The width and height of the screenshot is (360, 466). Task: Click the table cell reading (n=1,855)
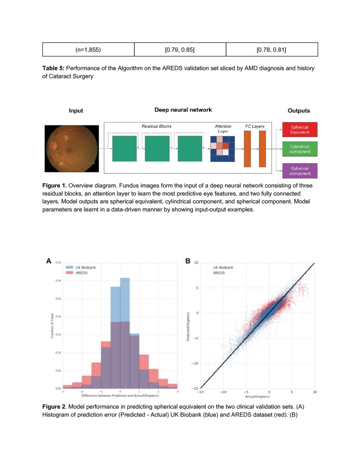(x=88, y=50)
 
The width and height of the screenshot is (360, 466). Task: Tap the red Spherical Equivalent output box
(x=299, y=130)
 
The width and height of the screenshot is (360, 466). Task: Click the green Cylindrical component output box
(x=299, y=149)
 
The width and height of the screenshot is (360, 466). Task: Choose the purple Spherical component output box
(x=299, y=171)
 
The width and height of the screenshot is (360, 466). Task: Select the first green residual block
(x=124, y=148)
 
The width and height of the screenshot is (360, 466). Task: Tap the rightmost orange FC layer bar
(x=262, y=149)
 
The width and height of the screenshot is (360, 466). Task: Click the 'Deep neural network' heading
(x=183, y=110)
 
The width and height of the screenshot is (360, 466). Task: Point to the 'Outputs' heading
(x=299, y=111)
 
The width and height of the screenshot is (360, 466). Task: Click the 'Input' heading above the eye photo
(x=76, y=111)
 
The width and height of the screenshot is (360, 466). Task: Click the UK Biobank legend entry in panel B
(x=222, y=268)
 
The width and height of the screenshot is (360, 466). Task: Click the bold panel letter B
(x=188, y=262)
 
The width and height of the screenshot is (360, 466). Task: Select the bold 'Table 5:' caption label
(x=53, y=68)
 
